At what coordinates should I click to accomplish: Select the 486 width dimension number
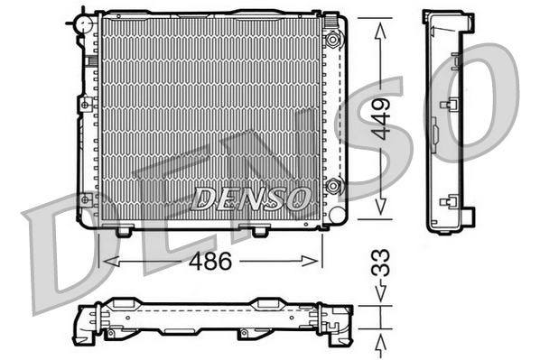[x=209, y=262]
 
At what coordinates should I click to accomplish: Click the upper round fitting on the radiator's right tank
[x=333, y=40]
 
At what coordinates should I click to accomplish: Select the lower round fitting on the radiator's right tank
[x=333, y=187]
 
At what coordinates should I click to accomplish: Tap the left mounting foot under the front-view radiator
[x=124, y=231]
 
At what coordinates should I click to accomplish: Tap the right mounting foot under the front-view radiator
[x=259, y=231]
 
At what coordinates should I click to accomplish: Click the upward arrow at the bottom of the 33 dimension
[x=382, y=344]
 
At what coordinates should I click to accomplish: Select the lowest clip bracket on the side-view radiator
[x=446, y=202]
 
